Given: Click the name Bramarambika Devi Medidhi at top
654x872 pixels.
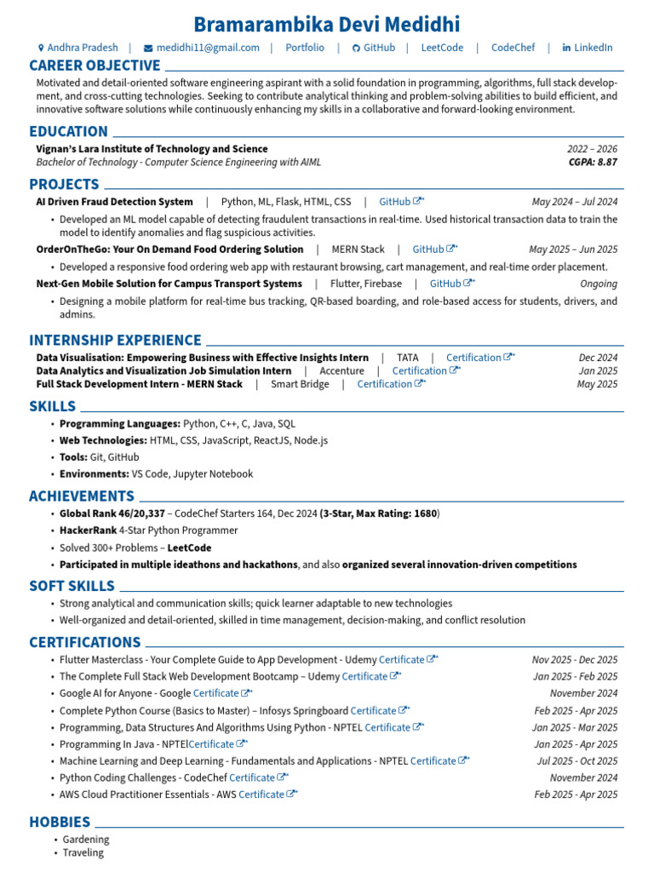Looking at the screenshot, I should point(327,24).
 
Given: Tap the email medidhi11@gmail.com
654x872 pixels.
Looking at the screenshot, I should point(208,48).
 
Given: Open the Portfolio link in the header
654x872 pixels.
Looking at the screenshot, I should point(305,48).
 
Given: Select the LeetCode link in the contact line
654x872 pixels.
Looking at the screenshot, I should point(442,48).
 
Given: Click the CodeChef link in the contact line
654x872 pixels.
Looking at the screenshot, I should point(513,48).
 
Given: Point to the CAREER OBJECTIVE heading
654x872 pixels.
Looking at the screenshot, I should point(95,66).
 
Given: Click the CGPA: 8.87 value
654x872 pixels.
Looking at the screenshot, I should point(593,162).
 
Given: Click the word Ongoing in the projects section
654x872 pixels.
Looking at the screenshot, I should point(599,284).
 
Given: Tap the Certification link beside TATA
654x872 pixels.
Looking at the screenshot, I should point(473,358).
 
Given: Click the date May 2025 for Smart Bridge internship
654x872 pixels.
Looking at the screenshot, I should point(597,384).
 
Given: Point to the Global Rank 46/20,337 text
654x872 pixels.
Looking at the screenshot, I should point(112,513).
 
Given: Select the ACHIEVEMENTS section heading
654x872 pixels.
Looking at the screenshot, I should point(82,496).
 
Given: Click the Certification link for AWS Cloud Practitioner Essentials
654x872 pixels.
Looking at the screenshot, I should point(261,795).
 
